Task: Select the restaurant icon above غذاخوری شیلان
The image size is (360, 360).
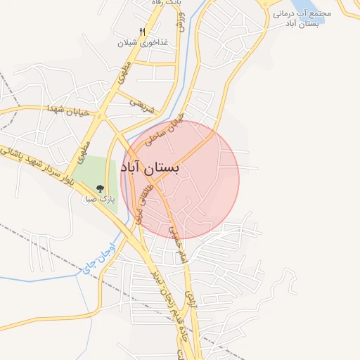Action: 143,32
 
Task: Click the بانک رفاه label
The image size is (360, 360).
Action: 158,4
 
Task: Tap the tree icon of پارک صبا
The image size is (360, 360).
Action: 100,188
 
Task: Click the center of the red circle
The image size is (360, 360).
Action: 180,180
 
